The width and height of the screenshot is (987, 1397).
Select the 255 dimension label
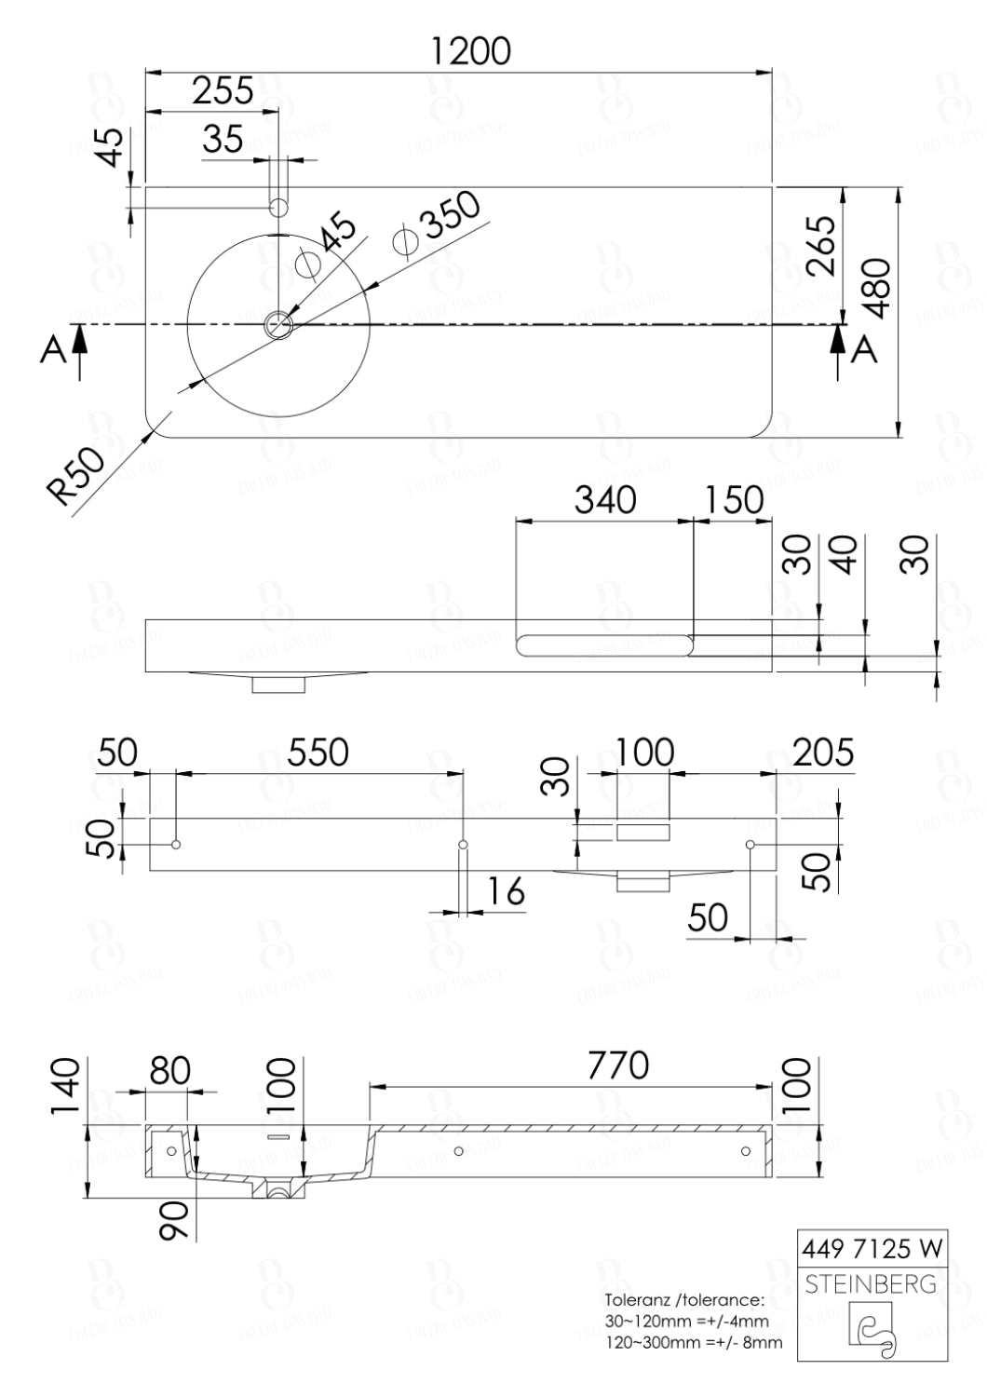pos(223,91)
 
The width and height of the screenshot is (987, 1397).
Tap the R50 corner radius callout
pos(76,476)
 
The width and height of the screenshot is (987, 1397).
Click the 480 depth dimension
pos(877,288)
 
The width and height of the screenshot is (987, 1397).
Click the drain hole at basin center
pos(278,325)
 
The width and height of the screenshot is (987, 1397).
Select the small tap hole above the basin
pos(278,207)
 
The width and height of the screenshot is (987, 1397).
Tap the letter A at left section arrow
pos(53,350)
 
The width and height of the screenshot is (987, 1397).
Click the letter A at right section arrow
pos(866,350)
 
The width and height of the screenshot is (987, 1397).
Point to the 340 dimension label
pos(605,500)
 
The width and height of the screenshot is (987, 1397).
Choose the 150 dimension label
pos(734,500)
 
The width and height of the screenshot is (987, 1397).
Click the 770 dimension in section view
pos(617,1065)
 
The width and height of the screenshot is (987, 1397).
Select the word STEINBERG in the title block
pos(871,1284)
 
